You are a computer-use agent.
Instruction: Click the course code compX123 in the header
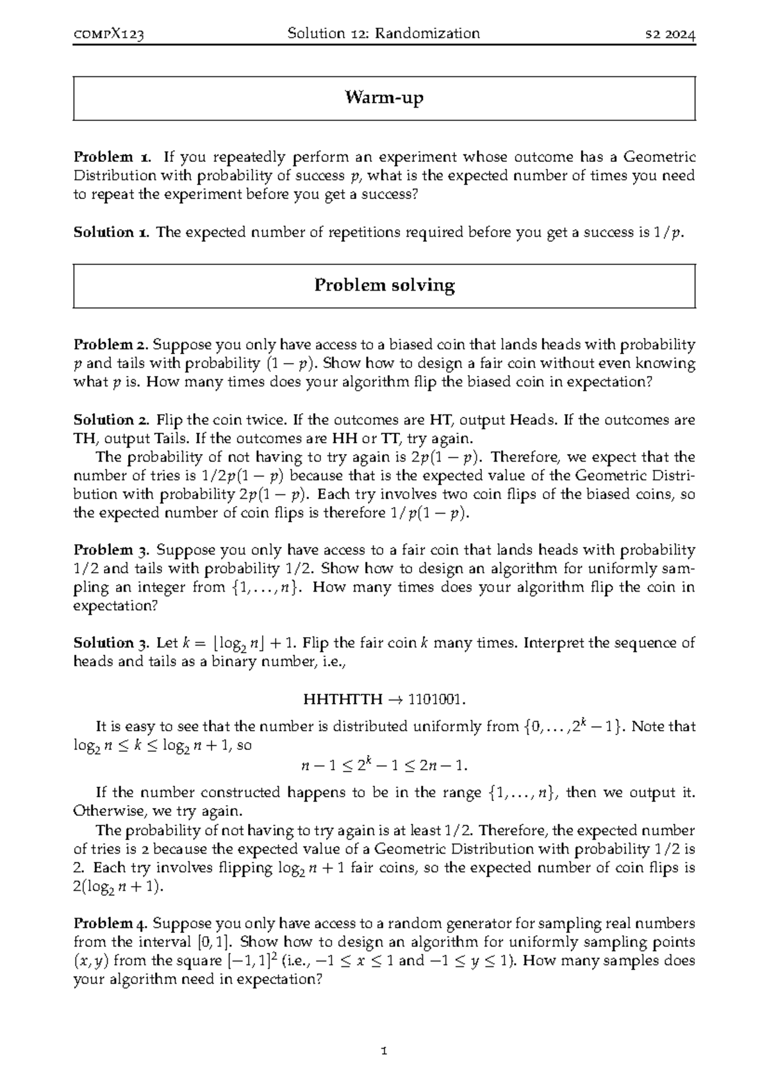tap(108, 34)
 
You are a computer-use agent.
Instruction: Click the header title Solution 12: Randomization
tap(384, 33)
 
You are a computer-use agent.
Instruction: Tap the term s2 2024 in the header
tap(670, 34)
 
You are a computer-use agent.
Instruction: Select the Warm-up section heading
tap(384, 98)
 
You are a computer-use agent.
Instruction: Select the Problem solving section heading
tap(384, 286)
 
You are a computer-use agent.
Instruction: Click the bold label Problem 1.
tap(112, 157)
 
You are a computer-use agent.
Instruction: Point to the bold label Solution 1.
tap(112, 232)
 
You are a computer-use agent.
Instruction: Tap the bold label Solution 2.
tap(112, 420)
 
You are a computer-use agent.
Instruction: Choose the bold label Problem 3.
tap(112, 550)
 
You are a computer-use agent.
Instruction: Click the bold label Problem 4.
tap(112, 923)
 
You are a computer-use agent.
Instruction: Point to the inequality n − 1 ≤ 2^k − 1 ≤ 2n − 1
tap(384, 765)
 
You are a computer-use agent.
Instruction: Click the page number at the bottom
tap(384, 1051)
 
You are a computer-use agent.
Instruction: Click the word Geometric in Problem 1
tap(659, 157)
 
